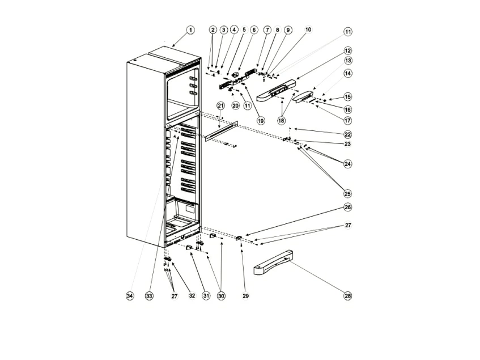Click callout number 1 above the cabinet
click(x=190, y=30)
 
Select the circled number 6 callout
click(x=254, y=30)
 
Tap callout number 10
click(x=308, y=29)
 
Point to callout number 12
click(x=348, y=50)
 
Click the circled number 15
click(x=348, y=97)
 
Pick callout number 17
click(x=348, y=120)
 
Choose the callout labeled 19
click(x=261, y=121)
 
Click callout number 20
click(x=235, y=105)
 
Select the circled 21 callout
click(x=220, y=105)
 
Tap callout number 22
click(x=348, y=134)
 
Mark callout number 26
click(x=348, y=207)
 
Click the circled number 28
click(x=348, y=296)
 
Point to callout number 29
click(x=246, y=296)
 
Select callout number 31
click(x=206, y=296)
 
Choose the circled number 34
click(x=130, y=296)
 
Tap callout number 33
click(x=149, y=296)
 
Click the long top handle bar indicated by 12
click(x=276, y=90)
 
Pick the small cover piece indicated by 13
click(x=303, y=98)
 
